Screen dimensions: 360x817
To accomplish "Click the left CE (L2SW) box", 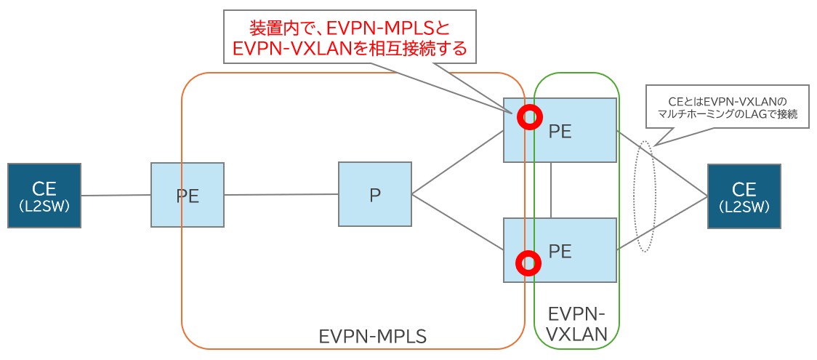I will (x=44, y=196).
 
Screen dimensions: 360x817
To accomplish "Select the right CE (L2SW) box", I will (x=744, y=196).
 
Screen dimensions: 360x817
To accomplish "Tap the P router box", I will (x=375, y=194).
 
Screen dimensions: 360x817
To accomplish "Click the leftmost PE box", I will (x=188, y=195).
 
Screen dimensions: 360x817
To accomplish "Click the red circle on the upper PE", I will (x=529, y=116).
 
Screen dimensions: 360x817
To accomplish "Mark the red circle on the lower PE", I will (x=528, y=263).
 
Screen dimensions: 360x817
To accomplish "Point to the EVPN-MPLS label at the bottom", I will (x=372, y=336).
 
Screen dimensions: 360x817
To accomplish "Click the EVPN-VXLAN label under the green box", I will (x=576, y=324).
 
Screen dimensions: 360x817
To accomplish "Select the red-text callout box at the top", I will (x=350, y=37).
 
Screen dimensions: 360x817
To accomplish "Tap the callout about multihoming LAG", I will (x=727, y=106).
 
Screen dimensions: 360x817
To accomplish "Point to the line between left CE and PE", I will (x=116, y=195).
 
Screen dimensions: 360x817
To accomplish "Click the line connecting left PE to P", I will (x=281, y=194).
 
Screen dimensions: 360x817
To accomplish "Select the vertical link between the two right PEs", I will (x=551, y=190).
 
